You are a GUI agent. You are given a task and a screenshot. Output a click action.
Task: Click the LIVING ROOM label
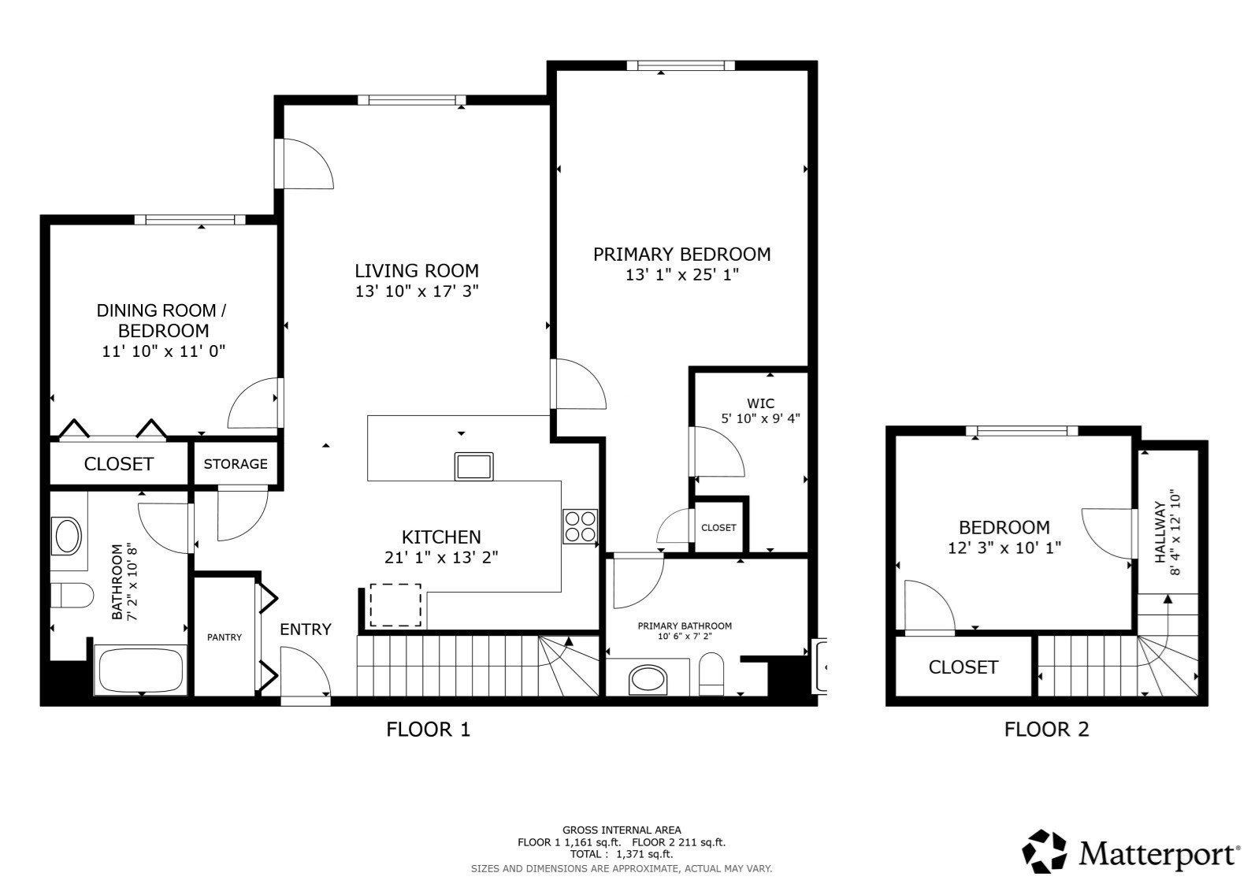[x=416, y=271]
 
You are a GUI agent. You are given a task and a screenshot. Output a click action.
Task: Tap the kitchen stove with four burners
[x=580, y=526]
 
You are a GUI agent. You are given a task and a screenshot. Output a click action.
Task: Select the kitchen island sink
[x=473, y=466]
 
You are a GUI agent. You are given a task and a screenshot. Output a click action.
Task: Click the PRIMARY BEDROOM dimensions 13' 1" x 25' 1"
[x=682, y=275]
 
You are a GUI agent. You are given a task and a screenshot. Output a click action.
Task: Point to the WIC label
[x=760, y=403]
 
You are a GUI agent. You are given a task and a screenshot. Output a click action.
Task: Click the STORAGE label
[x=236, y=464]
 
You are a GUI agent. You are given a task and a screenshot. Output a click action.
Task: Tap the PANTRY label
[x=225, y=637]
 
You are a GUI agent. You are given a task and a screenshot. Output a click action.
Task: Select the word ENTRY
[x=306, y=630]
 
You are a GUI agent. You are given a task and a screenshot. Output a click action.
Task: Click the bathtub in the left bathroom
[x=141, y=670]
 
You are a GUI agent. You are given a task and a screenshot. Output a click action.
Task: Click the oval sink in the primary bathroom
[x=648, y=678]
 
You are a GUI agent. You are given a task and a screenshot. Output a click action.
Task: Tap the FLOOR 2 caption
[x=1046, y=730]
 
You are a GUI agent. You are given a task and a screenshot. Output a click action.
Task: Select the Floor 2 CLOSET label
[x=963, y=667]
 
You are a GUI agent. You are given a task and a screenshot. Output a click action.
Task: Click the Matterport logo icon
[x=1045, y=851]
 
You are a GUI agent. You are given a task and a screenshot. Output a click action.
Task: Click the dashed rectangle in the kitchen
[x=395, y=605]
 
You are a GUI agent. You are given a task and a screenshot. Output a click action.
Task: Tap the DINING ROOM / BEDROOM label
[x=164, y=321]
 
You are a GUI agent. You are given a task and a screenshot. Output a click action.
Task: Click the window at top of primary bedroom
[x=681, y=65]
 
